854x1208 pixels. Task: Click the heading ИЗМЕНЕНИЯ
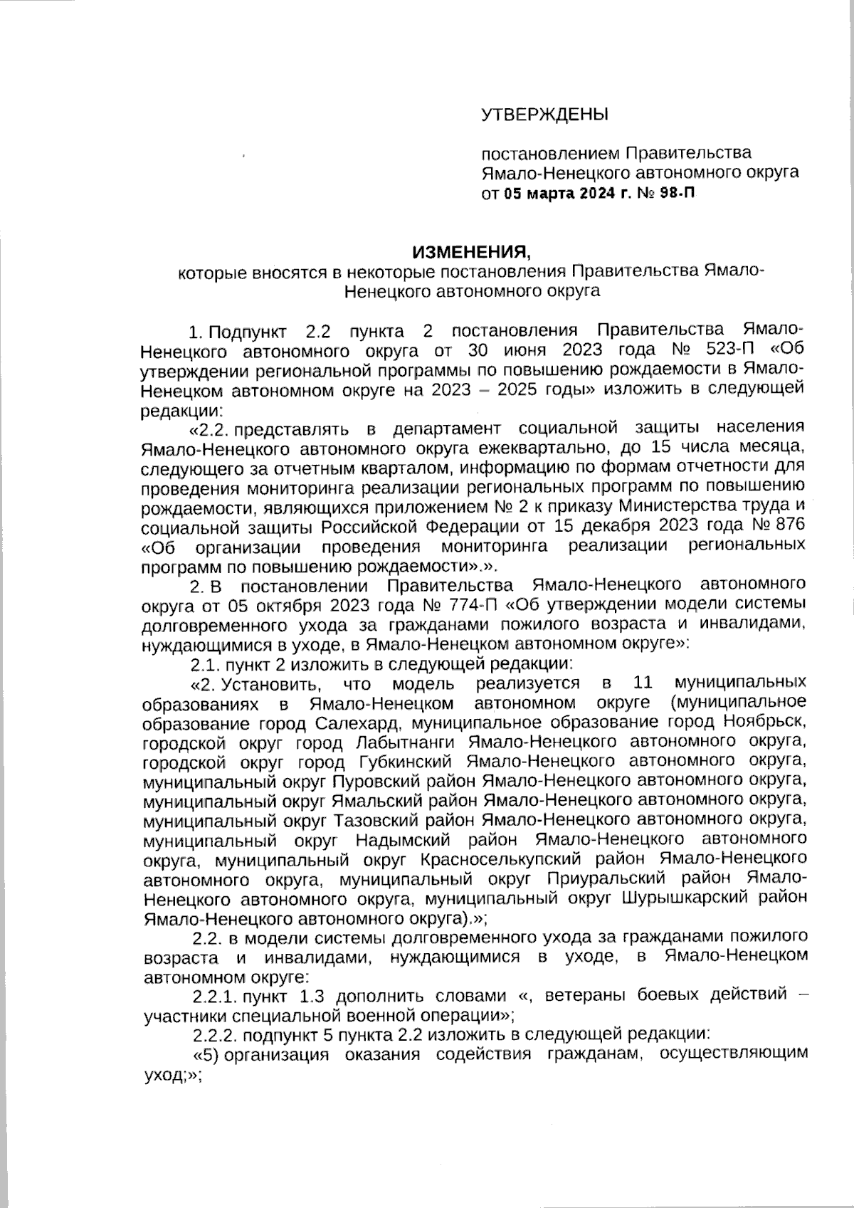(473, 252)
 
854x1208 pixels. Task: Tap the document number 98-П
(673, 193)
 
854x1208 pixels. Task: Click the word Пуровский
(371, 781)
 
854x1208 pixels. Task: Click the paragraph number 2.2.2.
(216, 1034)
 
